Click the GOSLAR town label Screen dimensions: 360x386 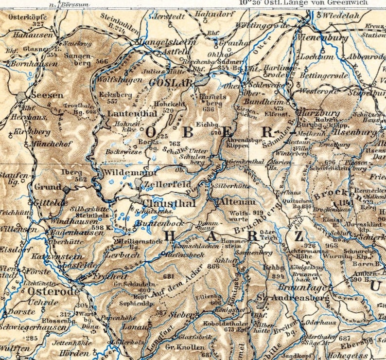coord(171,83)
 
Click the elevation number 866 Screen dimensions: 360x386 coord(213,267)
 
